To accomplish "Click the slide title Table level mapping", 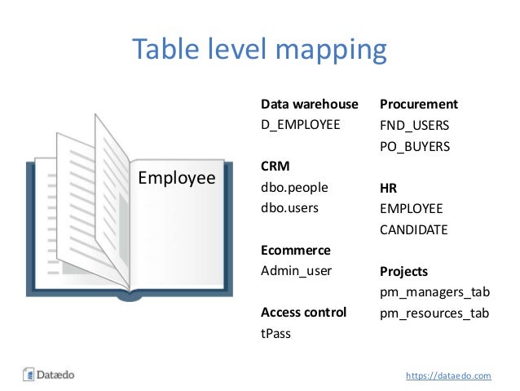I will coord(259,50).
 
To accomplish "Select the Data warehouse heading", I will coord(309,104).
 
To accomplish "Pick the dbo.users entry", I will coord(289,207).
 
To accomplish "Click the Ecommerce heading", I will coord(295,250).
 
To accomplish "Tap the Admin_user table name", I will coord(297,270).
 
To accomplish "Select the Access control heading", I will coord(303,312).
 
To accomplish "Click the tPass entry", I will coord(275,333).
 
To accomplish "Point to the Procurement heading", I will coord(418,104).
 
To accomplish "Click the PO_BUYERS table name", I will coord(415,147).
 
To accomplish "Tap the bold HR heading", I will coord(389,188).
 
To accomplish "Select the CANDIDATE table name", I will coord(413,229).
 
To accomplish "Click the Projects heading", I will coord(403,271).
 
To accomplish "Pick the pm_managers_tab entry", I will coord(434,291).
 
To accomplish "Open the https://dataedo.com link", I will coord(448,375).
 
